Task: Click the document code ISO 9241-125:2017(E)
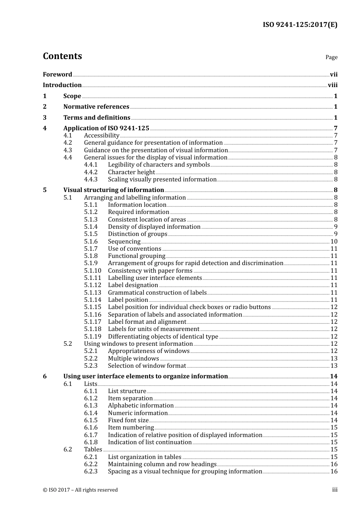click(x=300, y=25)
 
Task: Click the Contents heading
click(x=62, y=56)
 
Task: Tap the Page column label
click(x=331, y=57)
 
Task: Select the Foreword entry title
click(x=57, y=75)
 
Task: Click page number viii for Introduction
click(x=332, y=85)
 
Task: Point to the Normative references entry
click(x=96, y=107)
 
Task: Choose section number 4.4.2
click(x=91, y=172)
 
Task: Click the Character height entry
click(x=131, y=172)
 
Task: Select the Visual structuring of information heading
click(x=114, y=190)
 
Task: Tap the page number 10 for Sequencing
click(x=334, y=242)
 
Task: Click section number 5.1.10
click(x=92, y=271)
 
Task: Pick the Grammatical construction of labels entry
click(x=157, y=293)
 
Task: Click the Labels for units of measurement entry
click(x=153, y=329)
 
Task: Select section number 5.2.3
click(x=91, y=366)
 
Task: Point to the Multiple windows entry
click(x=133, y=359)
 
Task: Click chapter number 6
click(x=45, y=376)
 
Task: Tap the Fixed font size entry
click(x=128, y=420)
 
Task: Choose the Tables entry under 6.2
click(x=93, y=450)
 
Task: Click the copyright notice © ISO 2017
click(x=80, y=490)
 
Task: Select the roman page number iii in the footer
click(x=335, y=490)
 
